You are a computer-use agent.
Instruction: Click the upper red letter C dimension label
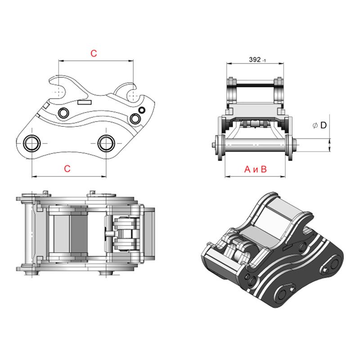tap(94, 53)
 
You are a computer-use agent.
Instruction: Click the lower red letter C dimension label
tap(67, 169)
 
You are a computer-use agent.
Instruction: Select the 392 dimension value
tap(255, 59)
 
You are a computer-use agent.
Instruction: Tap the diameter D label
tap(319, 125)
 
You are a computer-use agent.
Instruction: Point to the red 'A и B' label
tap(256, 169)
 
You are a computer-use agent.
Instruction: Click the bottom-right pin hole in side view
tap(106, 143)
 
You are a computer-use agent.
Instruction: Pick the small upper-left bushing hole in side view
tap(63, 112)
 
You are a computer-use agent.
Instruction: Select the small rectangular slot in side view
tap(84, 102)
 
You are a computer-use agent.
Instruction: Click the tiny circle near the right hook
tap(142, 110)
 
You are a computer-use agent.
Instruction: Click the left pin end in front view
tap(212, 145)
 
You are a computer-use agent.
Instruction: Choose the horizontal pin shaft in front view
tap(255, 145)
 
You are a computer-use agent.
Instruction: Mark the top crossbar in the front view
tap(255, 84)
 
